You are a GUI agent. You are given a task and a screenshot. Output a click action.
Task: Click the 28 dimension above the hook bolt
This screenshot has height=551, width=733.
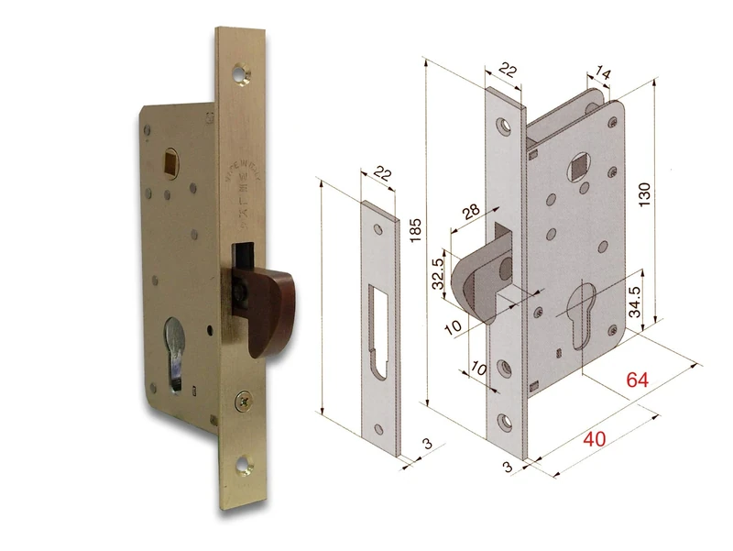471,211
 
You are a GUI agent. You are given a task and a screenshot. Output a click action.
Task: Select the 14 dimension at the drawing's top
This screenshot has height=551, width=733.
604,72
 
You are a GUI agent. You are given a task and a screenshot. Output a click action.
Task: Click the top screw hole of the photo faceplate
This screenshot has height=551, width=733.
246,72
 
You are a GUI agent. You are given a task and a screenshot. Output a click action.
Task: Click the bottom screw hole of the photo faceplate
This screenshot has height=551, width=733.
246,466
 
